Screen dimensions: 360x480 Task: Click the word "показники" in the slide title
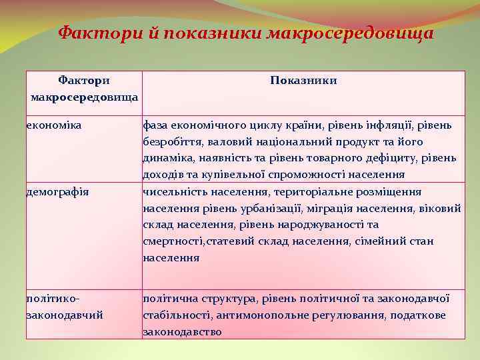pyautogui.click(x=216, y=33)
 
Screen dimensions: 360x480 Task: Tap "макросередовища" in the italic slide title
pyautogui.click(x=350, y=33)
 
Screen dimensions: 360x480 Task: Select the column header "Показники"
pyautogui.click(x=303, y=81)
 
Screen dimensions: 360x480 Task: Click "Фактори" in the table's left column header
pyautogui.click(x=84, y=81)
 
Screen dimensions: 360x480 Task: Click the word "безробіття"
pyautogui.click(x=173, y=141)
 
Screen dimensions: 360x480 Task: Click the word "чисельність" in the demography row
pyautogui.click(x=174, y=192)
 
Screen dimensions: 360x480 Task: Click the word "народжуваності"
pyautogui.click(x=326, y=225)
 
